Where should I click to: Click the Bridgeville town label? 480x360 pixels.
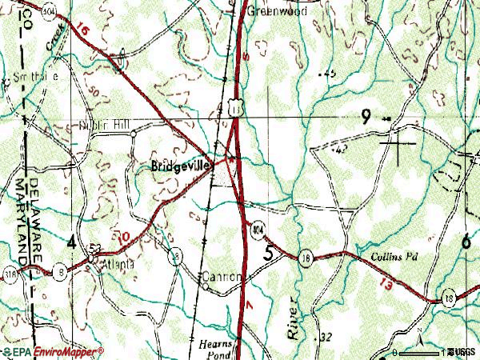point(180,166)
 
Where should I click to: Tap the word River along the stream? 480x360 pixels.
point(291,320)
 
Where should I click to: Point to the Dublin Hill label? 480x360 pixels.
point(103,124)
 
